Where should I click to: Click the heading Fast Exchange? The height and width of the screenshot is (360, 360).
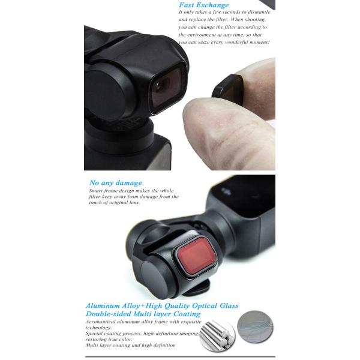point(204,5)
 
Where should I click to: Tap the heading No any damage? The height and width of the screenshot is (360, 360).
point(116,183)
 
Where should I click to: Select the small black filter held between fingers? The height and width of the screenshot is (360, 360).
point(227,89)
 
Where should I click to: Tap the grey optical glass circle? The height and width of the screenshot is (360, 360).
point(255,327)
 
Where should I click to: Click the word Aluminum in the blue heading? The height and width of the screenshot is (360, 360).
point(103,306)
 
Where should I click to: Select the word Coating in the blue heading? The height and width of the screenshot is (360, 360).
point(187,314)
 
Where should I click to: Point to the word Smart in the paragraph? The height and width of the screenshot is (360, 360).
point(96,191)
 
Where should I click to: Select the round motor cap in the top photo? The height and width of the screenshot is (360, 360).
point(105,94)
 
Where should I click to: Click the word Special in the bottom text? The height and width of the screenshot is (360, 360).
point(94,334)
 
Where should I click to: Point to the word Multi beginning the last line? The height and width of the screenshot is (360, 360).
point(92,345)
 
